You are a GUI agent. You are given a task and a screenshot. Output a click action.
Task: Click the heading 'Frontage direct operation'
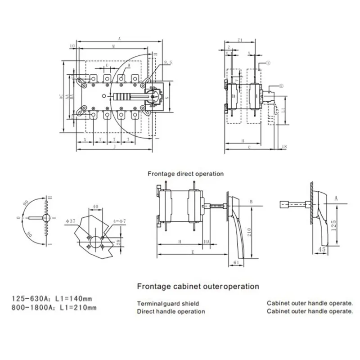pos(185,173)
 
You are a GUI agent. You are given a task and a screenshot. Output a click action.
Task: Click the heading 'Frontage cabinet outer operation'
pos(198,286)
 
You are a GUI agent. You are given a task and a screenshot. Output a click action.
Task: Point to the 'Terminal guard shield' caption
pos(168,304)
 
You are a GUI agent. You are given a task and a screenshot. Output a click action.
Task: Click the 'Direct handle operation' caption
pos(171,311)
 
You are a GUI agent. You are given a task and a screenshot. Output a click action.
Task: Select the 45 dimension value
pos(322,249)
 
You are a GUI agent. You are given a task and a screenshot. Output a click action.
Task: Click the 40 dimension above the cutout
pos(95,207)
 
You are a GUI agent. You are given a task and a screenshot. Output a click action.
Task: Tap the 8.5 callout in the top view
pos(168,61)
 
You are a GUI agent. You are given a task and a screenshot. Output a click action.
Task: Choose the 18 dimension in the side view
pos(283,147)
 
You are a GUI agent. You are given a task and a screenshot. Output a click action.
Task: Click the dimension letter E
pos(193,252)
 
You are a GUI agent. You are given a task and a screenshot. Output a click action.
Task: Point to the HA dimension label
pos(207,242)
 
